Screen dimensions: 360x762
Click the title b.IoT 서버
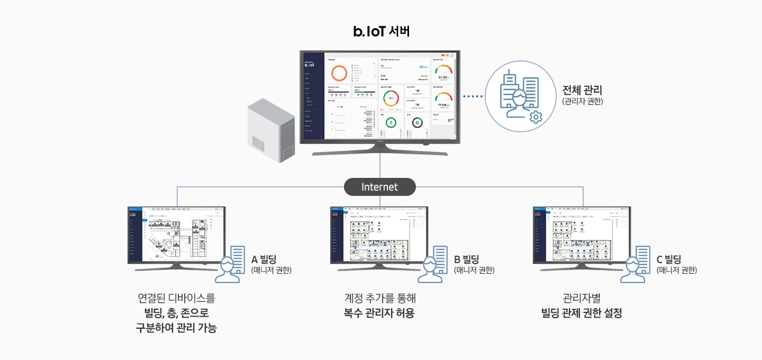pyautogui.click(x=381, y=32)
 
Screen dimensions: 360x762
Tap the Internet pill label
pyautogui.click(x=380, y=187)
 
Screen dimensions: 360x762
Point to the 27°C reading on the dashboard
pyautogui.click(x=450, y=120)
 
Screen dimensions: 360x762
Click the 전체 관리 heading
pyautogui.click(x=582, y=90)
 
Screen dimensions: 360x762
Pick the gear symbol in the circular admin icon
pyautogui.click(x=536, y=117)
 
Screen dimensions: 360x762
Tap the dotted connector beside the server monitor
pyautogui.click(x=473, y=96)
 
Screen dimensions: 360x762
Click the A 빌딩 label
pyautogui.click(x=264, y=259)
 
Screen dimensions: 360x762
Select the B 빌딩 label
pyautogui.click(x=467, y=259)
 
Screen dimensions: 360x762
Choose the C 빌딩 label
pyautogui.click(x=669, y=259)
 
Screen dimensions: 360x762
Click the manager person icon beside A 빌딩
pyautogui.click(x=230, y=265)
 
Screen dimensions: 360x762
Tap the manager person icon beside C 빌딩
pyautogui.click(x=636, y=265)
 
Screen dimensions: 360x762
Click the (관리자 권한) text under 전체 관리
pyautogui.click(x=582, y=101)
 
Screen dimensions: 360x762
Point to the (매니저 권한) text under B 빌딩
pyautogui.click(x=474, y=270)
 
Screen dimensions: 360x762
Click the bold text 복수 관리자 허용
pyautogui.click(x=379, y=313)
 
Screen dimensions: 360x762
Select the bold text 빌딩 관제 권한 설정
pyautogui.click(x=582, y=313)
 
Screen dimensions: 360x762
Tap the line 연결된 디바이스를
pyautogui.click(x=176, y=298)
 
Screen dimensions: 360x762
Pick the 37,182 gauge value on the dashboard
pyautogui.click(x=443, y=77)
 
